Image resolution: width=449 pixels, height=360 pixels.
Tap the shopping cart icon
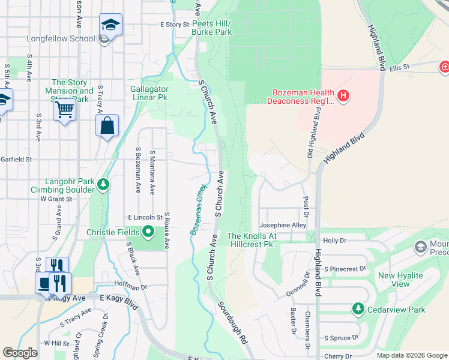coord(64,110)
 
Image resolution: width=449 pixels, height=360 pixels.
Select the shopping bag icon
coord(107,126)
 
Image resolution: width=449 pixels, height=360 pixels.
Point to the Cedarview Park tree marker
coord(358,308)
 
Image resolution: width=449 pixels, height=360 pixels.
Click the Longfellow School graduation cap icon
coord(110,25)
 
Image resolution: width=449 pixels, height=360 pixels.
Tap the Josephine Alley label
coord(282,225)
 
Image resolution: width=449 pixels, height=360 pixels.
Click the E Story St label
coord(174,25)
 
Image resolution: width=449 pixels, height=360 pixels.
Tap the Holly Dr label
coord(335,240)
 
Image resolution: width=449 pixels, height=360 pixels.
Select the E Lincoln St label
coord(145,217)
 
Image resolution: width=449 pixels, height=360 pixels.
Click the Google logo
coord(20,353)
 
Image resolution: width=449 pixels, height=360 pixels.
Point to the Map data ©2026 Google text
coord(411,355)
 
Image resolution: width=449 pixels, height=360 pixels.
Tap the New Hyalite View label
coord(400,280)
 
